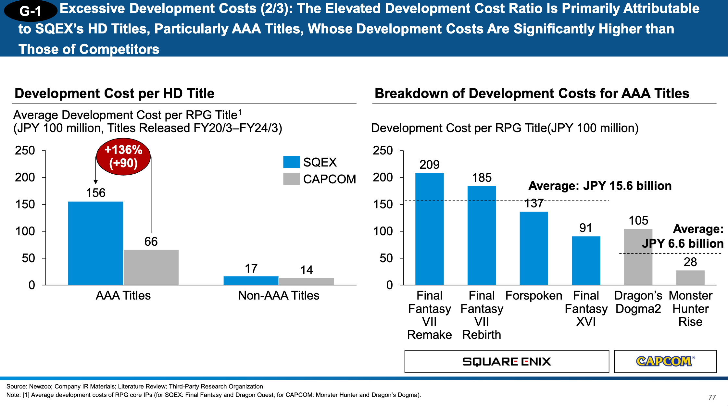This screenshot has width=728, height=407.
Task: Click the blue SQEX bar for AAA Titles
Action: click(x=95, y=243)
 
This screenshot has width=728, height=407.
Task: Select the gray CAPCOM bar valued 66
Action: click(x=151, y=267)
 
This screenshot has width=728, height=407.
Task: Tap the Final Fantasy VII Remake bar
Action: click(x=429, y=229)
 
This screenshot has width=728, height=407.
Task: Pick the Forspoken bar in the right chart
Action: click(x=534, y=248)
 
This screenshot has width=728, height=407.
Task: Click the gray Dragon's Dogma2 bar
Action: click(x=638, y=257)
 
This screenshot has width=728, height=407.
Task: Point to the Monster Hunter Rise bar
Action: click(x=690, y=277)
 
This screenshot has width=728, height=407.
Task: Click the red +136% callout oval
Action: click(x=123, y=156)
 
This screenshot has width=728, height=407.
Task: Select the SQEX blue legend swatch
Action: click(x=291, y=162)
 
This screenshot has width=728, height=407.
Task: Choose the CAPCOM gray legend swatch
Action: click(x=291, y=179)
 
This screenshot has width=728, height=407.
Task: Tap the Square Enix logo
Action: click(x=507, y=362)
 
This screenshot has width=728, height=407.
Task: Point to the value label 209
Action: click(x=429, y=165)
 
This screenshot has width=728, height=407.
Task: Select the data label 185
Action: click(x=482, y=178)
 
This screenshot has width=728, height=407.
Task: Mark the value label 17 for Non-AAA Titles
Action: click(x=251, y=269)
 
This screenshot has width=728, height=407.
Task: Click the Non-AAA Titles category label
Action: click(x=279, y=296)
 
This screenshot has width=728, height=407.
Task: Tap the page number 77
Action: click(x=712, y=397)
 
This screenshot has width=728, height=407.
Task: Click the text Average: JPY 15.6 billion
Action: click(x=600, y=186)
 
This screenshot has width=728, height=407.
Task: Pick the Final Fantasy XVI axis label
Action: click(x=586, y=309)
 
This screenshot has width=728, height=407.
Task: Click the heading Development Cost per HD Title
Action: click(x=115, y=93)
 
